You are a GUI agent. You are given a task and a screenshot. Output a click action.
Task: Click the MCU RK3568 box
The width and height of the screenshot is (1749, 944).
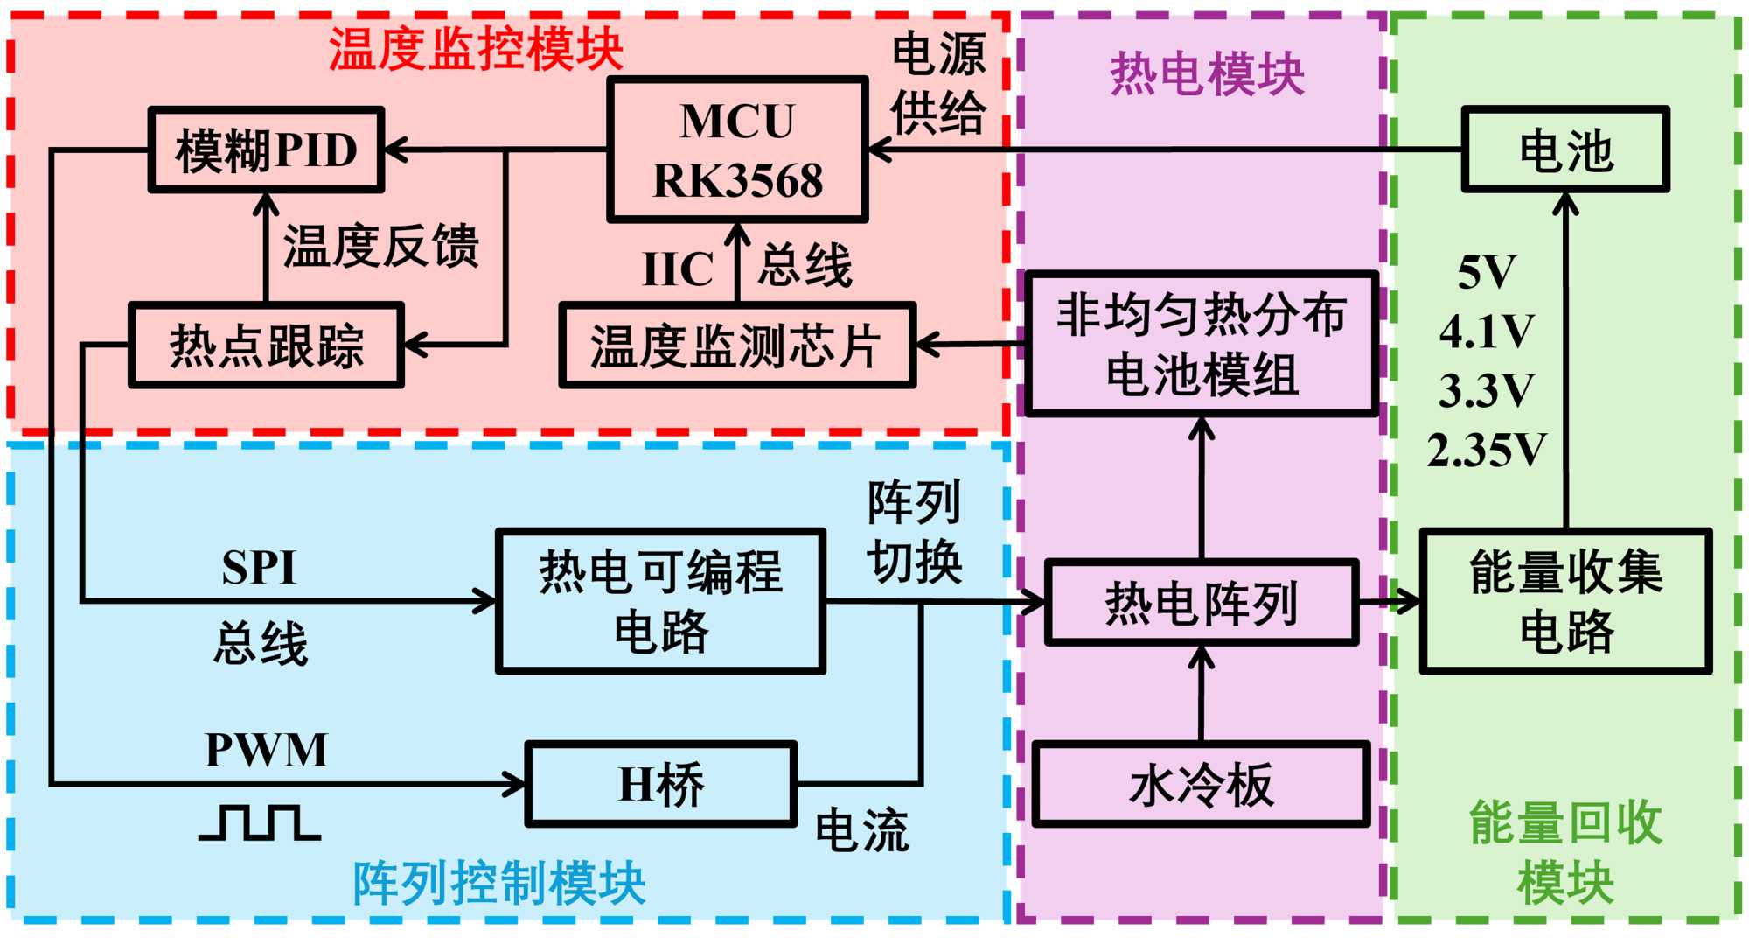pos(737,150)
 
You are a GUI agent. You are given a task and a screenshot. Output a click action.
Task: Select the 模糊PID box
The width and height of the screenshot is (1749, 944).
pos(266,150)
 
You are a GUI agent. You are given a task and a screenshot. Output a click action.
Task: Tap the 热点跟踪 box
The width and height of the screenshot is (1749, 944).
pos(266,345)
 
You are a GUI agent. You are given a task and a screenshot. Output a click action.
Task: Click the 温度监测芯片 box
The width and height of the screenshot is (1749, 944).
pos(736,345)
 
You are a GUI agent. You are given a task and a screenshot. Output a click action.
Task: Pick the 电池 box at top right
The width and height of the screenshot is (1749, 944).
pos(1565,150)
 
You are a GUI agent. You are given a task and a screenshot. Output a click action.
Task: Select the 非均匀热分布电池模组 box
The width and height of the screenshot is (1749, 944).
pos(1202,344)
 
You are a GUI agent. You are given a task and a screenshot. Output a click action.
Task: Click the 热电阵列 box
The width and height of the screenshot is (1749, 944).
pos(1202,603)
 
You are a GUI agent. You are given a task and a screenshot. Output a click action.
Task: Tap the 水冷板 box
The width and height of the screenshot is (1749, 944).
pos(1202,784)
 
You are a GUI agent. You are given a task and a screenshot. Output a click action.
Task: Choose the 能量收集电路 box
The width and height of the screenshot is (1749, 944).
pos(1565,601)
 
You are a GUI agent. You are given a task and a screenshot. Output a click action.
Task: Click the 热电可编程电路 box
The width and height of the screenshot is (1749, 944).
pos(660,601)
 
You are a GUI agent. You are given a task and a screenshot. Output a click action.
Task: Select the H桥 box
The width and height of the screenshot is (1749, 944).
pos(660,784)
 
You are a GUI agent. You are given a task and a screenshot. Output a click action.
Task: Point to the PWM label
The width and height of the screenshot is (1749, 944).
pos(266,750)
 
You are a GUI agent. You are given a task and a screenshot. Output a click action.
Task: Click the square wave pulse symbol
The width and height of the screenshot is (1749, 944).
pos(260,822)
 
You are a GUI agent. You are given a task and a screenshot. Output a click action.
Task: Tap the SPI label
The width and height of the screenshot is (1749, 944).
pos(259,567)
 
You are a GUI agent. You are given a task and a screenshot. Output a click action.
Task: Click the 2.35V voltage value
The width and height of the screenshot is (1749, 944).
pos(1487,451)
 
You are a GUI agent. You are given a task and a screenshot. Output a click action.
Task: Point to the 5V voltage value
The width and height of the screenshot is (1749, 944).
pos(1487,272)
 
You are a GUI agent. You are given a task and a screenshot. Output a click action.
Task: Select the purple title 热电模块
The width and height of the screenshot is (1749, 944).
pos(1207,73)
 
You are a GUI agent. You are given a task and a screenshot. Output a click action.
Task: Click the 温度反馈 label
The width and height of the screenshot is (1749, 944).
pos(381,246)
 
